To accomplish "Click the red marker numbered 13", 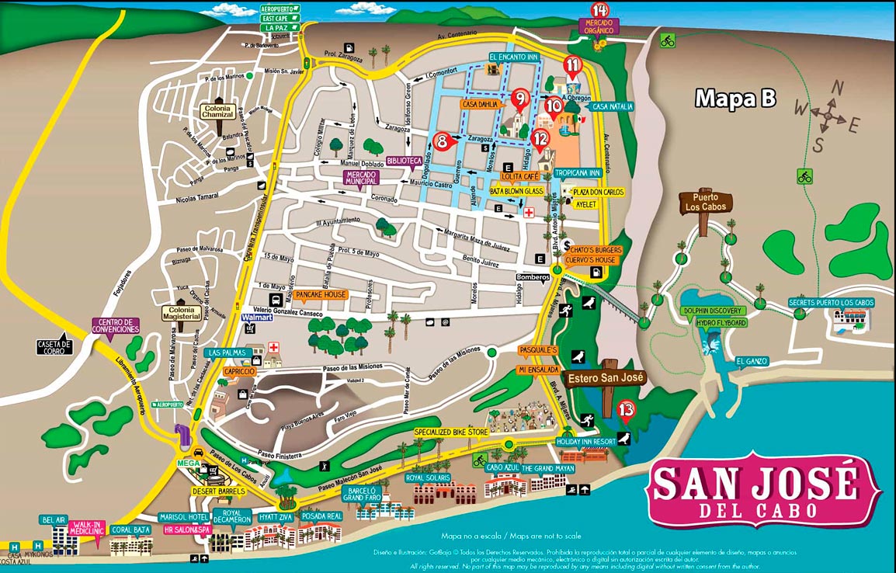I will (627, 409).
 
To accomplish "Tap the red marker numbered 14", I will (599, 11).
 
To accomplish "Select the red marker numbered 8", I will (442, 141).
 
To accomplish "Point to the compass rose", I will (830, 117).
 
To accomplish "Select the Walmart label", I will (259, 318).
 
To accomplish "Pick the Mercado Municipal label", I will (365, 177).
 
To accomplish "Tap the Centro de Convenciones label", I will (117, 325).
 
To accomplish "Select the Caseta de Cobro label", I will (54, 346).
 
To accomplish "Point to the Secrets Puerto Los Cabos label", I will (831, 302).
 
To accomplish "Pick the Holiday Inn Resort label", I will (586, 441).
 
